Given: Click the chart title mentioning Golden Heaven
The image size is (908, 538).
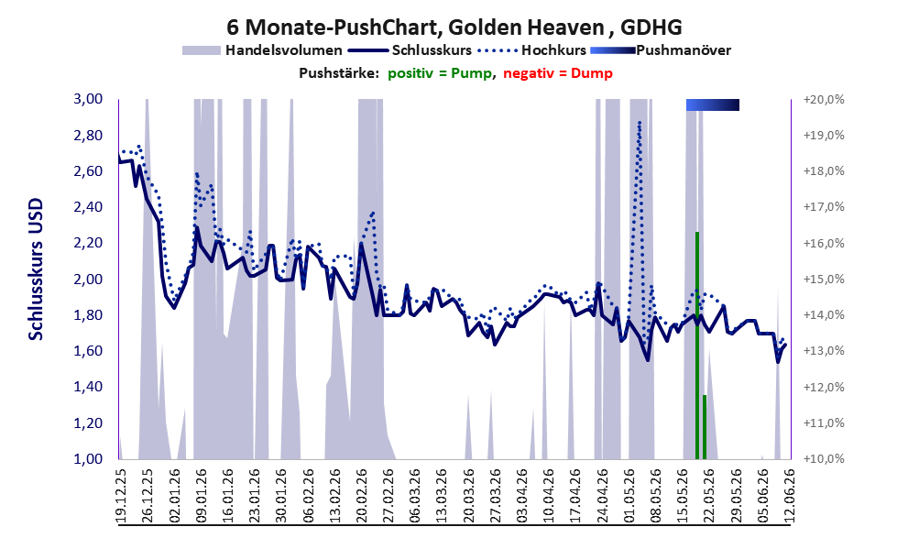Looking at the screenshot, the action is (454, 27).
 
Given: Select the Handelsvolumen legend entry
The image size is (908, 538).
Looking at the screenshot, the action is (262, 50).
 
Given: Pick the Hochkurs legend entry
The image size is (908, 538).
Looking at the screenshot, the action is (532, 50).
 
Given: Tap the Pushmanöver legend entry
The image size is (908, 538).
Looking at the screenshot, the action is (661, 50).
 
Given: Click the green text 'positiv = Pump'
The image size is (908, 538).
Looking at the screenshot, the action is (440, 73).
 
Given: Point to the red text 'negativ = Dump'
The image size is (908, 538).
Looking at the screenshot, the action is (558, 73).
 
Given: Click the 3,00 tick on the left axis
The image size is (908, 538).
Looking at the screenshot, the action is (88, 99).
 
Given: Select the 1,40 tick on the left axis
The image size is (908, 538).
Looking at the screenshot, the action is (88, 387).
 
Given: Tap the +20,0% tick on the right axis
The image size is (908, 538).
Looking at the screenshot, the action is (824, 100).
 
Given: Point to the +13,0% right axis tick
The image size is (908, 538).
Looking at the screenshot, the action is (824, 351).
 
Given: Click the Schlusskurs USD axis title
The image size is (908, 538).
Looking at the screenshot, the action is (36, 269).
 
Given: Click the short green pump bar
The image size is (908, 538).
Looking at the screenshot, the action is (705, 427).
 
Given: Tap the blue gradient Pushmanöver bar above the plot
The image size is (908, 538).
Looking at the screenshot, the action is (713, 104).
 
